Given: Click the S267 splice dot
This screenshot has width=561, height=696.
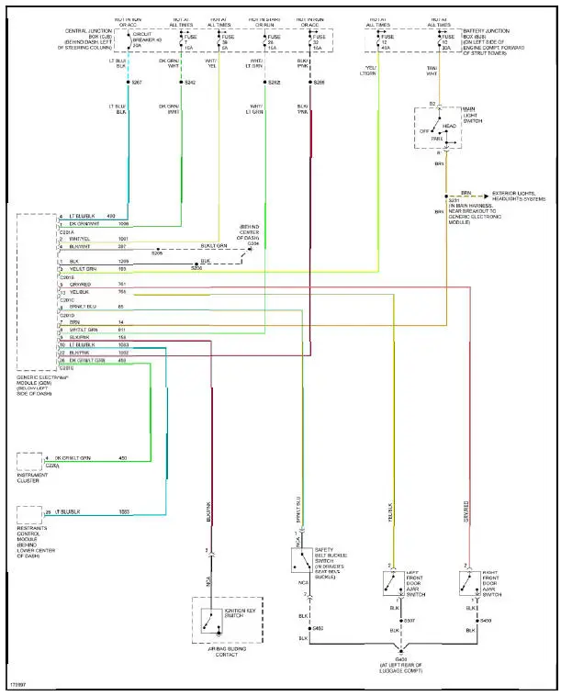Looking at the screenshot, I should (129, 83).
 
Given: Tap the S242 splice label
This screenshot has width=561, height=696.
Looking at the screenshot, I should (191, 83).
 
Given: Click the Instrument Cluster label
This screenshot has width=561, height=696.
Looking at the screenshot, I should (33, 479).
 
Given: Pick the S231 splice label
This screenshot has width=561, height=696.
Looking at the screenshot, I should (453, 200).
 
